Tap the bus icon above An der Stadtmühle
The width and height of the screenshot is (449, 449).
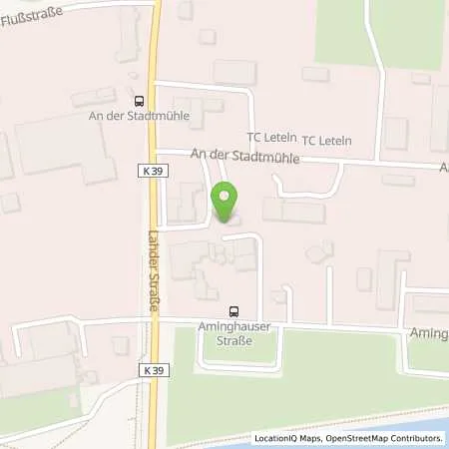[139, 99]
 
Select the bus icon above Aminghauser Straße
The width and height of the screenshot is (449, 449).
[233, 309]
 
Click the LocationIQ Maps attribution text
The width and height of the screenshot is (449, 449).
[287, 438]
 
